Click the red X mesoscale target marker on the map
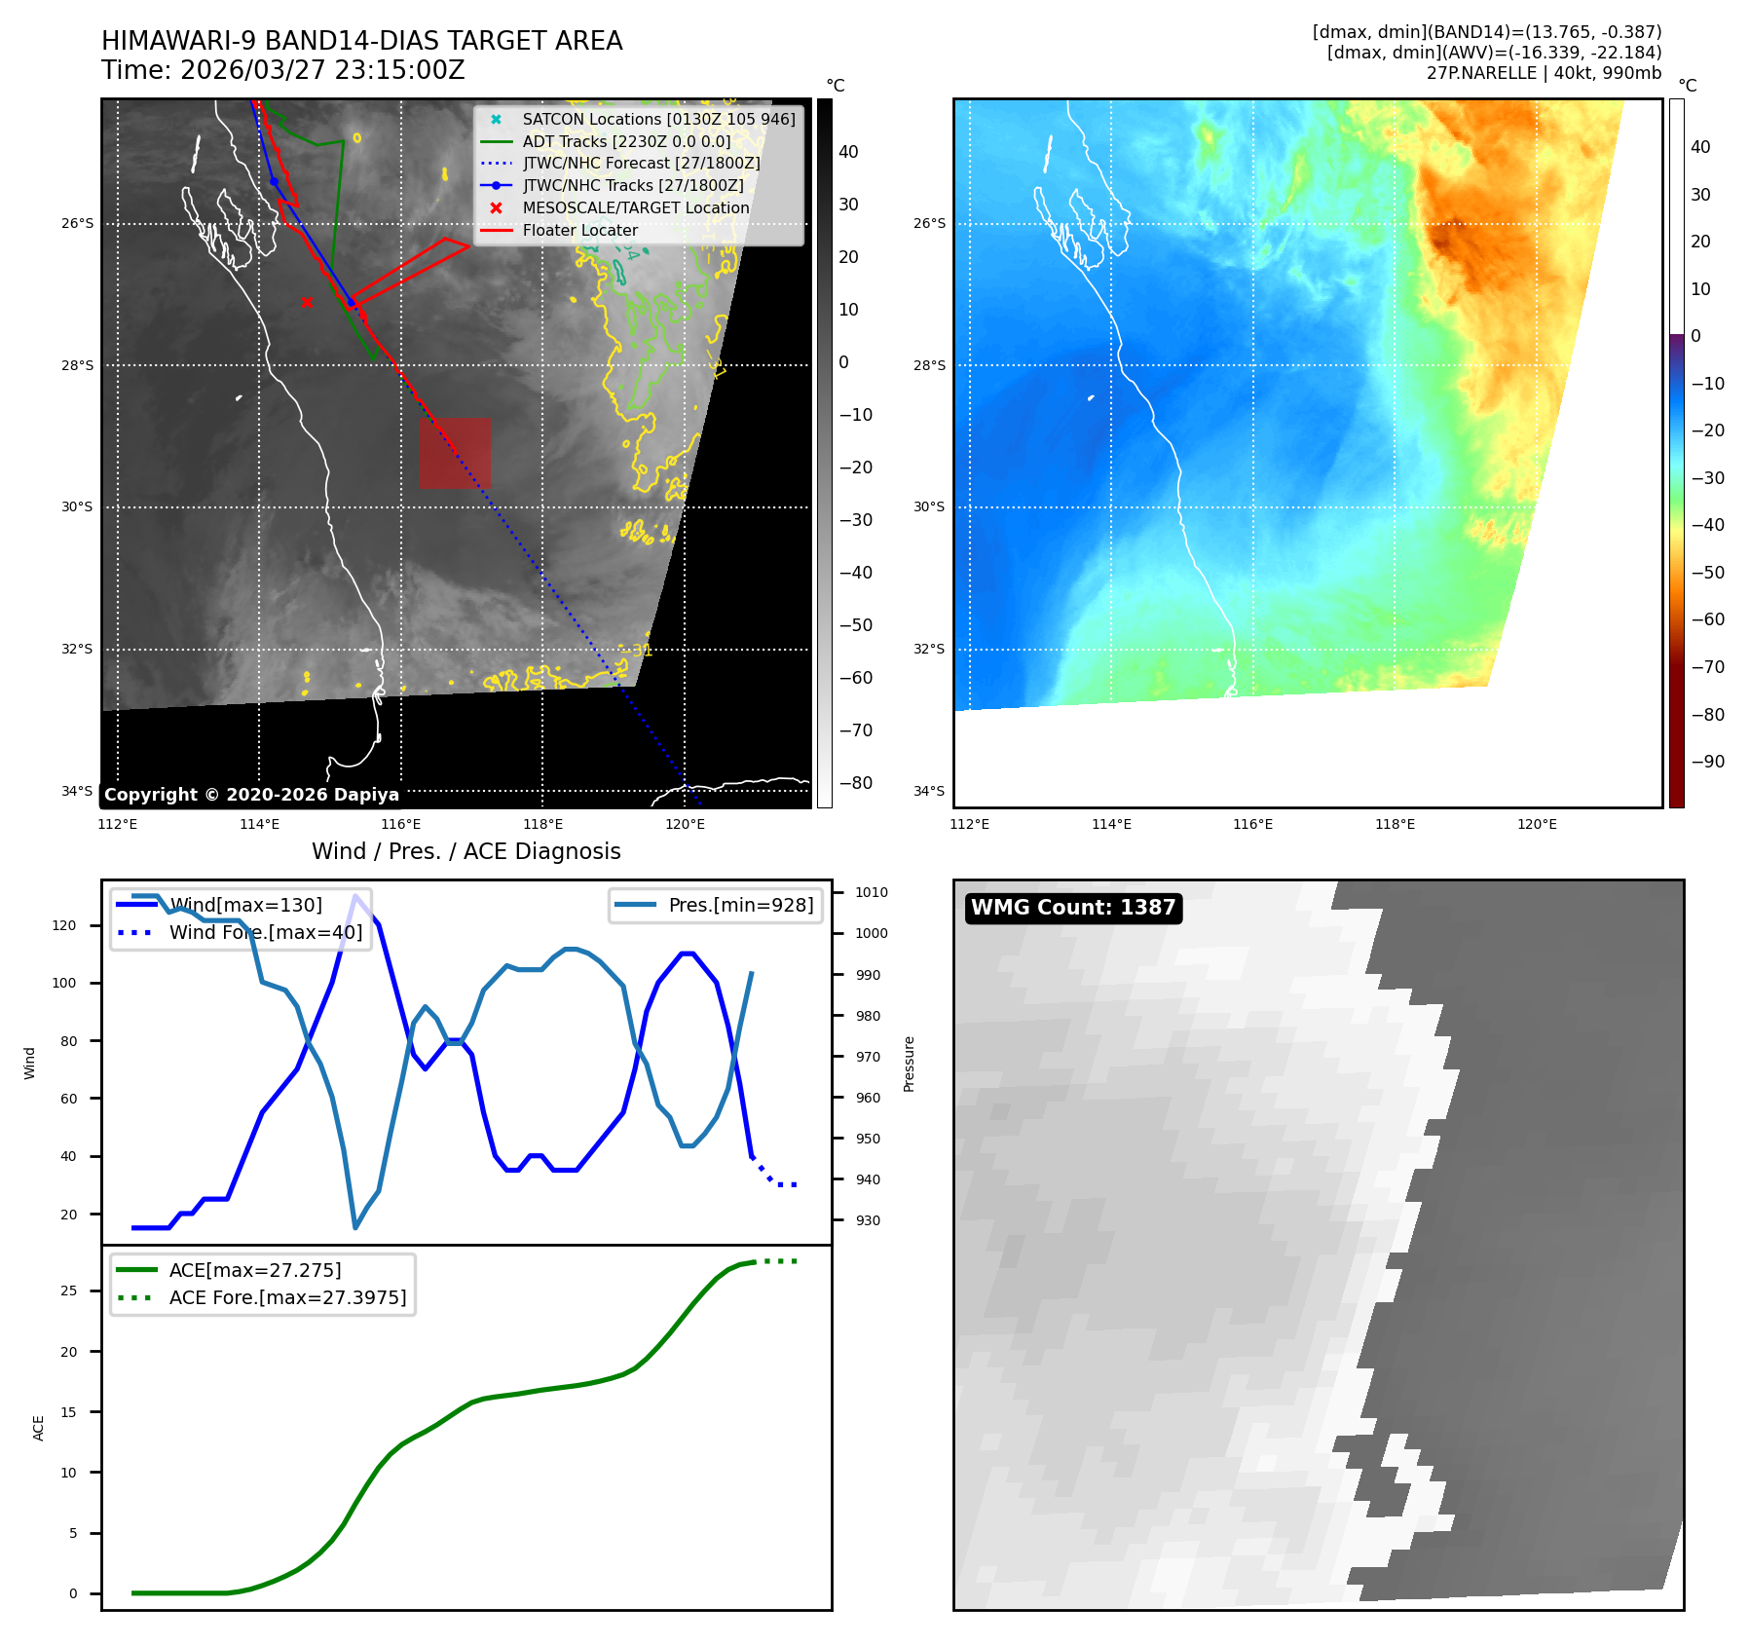(307, 302)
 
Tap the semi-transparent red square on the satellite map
(455, 453)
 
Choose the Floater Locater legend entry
(579, 231)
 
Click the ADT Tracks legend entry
(626, 141)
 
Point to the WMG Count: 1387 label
(1073, 908)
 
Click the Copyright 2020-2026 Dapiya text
(251, 795)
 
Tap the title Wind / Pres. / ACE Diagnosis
(465, 851)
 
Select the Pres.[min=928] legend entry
(740, 905)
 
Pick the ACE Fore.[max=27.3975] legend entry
(287, 1297)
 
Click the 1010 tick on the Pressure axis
(871, 892)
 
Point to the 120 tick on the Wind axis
(64, 925)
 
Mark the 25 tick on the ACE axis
(69, 1291)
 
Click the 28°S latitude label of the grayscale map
(78, 366)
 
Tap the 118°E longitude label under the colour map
(1395, 825)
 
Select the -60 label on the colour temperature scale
(1707, 619)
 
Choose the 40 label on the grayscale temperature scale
(848, 152)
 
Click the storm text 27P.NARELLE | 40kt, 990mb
(1544, 73)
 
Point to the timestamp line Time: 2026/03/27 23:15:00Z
(282, 71)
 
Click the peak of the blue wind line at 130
(356, 895)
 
